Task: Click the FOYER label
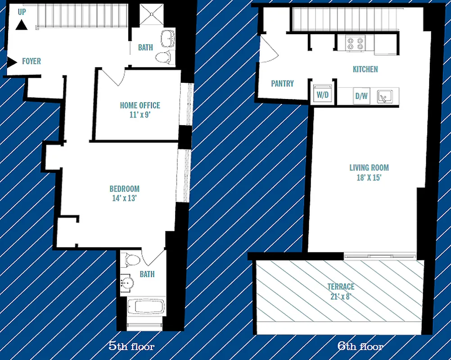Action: coord(32,62)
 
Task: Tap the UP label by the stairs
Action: coord(22,13)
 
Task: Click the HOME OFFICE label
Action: coord(140,105)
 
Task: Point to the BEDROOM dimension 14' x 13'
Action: coord(124,198)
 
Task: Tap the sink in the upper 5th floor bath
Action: coord(168,38)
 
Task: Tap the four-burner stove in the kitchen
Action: coord(355,43)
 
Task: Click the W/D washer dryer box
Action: coord(322,94)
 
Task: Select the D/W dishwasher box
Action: coord(361,95)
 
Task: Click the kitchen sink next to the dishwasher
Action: coord(385,95)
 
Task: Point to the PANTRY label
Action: coord(282,83)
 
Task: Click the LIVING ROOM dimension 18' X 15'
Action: coord(369,177)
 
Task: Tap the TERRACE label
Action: coord(341,287)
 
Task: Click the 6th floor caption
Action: coord(361,346)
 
